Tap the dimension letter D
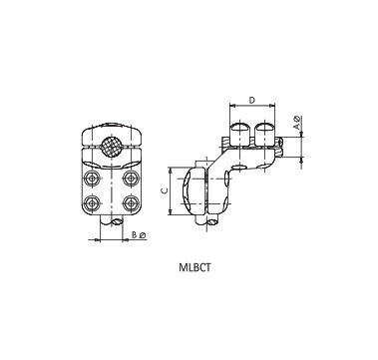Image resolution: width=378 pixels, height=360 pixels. [x=252, y=99]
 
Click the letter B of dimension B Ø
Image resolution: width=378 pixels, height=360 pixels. [x=135, y=235]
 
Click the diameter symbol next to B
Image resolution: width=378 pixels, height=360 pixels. [x=144, y=235]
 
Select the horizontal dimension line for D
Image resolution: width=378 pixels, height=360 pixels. [x=252, y=106]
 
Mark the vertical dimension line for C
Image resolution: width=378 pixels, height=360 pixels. [x=172, y=188]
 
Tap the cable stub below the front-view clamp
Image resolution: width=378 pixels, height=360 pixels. [x=111, y=226]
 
